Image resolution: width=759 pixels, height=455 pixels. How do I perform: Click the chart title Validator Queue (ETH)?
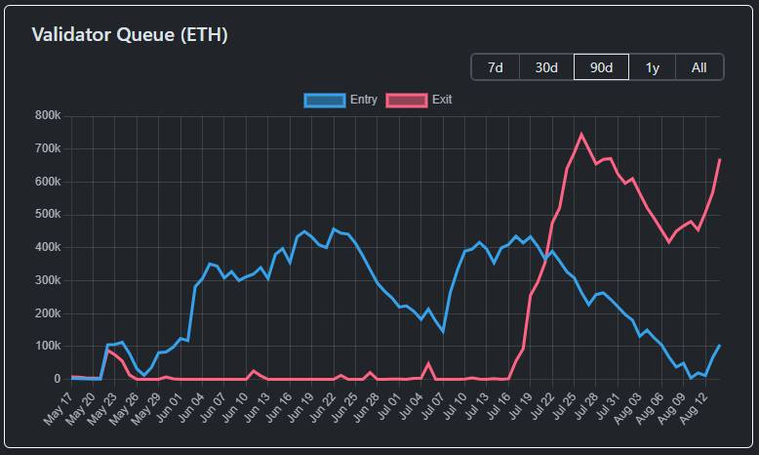[x=130, y=35]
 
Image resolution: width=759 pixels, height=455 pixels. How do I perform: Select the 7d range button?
[x=496, y=67]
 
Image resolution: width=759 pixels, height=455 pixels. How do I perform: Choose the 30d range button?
[x=546, y=67]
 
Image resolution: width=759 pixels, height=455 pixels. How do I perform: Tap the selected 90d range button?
[x=601, y=67]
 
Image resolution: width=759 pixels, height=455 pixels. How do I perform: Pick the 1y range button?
[x=652, y=67]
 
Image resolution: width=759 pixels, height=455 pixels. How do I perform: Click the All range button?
[x=699, y=67]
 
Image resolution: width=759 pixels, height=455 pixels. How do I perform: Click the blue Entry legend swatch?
[x=325, y=100]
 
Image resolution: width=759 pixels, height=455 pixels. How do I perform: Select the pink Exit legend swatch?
[x=407, y=100]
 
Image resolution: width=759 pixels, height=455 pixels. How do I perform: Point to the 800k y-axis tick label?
[x=48, y=116]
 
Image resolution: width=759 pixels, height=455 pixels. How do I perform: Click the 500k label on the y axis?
[x=48, y=215]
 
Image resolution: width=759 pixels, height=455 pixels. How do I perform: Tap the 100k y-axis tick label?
[x=48, y=346]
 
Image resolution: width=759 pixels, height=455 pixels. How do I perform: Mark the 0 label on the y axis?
[x=57, y=379]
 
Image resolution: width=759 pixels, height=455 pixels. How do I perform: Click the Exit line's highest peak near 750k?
[x=581, y=134]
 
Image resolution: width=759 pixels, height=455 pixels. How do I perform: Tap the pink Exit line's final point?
[x=720, y=159]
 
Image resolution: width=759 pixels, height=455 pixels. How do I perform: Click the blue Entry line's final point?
[x=720, y=345]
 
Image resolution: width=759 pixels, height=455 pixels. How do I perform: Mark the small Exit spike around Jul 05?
[x=428, y=363]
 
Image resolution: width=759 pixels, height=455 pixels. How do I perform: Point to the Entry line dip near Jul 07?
[x=443, y=332]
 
